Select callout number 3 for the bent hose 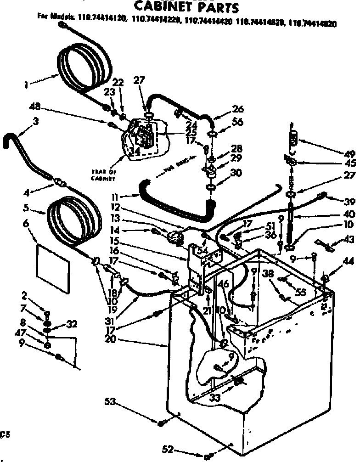[x=36, y=122]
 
